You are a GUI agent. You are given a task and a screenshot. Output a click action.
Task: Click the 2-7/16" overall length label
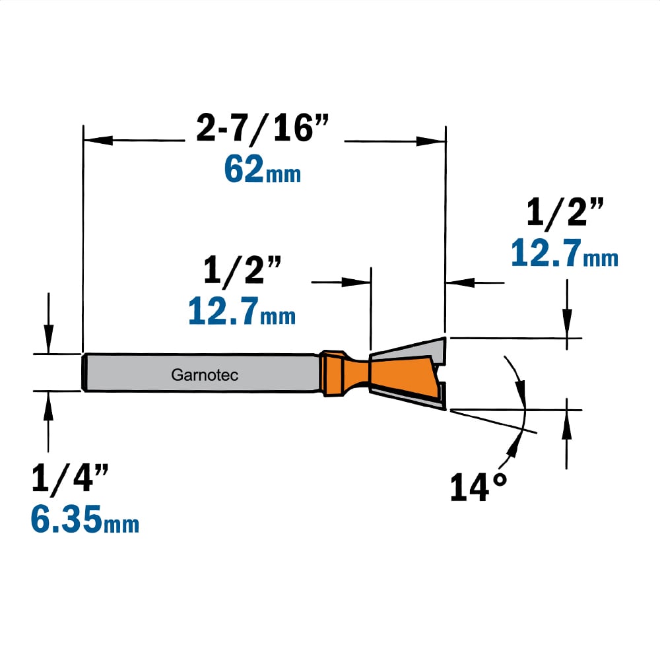click(262, 129)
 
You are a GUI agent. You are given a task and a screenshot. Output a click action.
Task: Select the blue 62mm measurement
click(262, 169)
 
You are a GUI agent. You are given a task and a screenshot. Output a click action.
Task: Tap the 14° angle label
click(478, 487)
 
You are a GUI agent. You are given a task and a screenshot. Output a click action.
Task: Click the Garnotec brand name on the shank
click(205, 375)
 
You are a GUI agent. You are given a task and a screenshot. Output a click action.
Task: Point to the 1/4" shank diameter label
click(70, 478)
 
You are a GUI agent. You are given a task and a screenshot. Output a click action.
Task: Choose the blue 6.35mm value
click(84, 519)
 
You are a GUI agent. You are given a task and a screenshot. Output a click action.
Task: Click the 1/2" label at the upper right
click(565, 213)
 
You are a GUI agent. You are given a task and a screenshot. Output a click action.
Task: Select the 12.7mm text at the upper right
click(564, 253)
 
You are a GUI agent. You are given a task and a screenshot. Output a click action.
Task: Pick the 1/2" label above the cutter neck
click(242, 271)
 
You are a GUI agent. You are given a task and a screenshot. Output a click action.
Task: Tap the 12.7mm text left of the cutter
click(242, 311)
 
